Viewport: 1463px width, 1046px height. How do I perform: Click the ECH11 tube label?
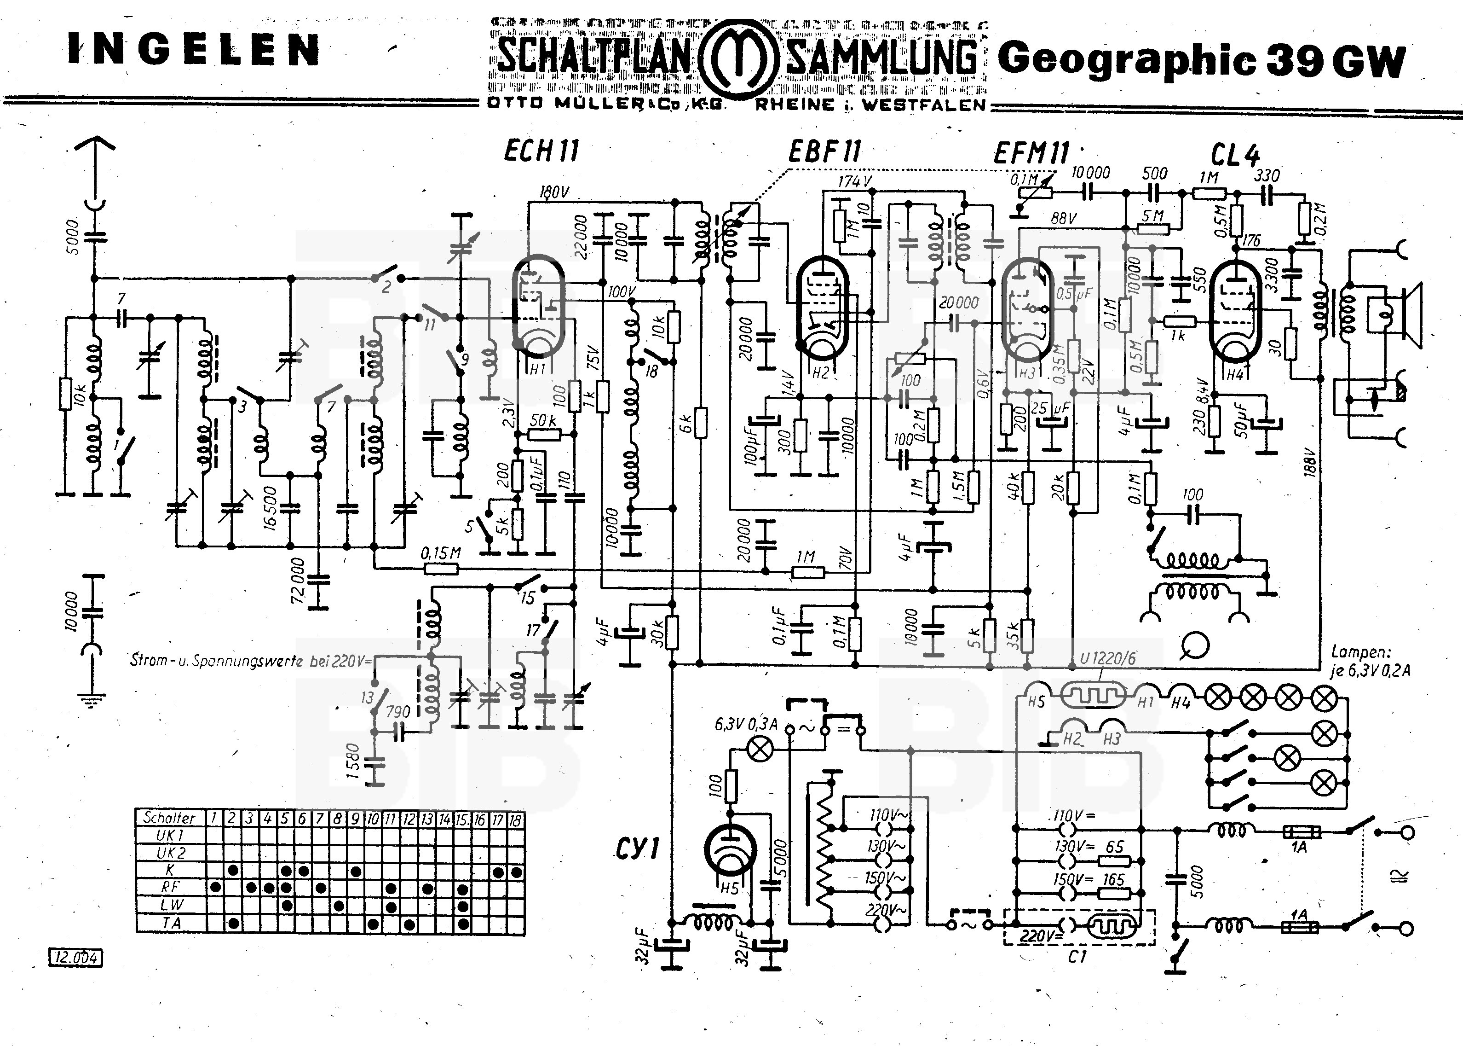pyautogui.click(x=541, y=152)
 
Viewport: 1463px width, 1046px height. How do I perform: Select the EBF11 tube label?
pyautogui.click(x=824, y=152)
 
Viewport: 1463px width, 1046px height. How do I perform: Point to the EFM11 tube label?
pyautogui.click(x=1031, y=153)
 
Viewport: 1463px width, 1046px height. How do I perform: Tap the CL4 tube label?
pyautogui.click(x=1234, y=155)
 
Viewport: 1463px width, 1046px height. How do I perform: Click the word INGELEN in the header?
pyautogui.click(x=193, y=50)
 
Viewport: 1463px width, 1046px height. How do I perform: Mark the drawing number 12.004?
pyautogui.click(x=76, y=958)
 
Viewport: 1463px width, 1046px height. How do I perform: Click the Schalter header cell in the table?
pyautogui.click(x=169, y=818)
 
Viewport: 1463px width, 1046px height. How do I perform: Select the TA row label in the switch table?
pyautogui.click(x=171, y=924)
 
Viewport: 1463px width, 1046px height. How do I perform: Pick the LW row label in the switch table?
pyautogui.click(x=171, y=906)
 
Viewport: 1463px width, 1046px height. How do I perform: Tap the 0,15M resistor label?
pyautogui.click(x=441, y=552)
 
